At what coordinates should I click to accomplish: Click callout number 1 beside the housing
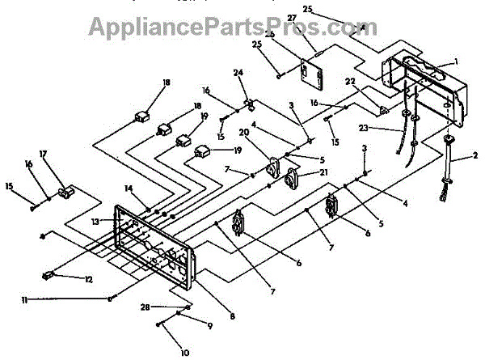point(455,61)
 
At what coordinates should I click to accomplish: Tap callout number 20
point(242,133)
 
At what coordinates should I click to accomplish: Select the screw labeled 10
point(161,324)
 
